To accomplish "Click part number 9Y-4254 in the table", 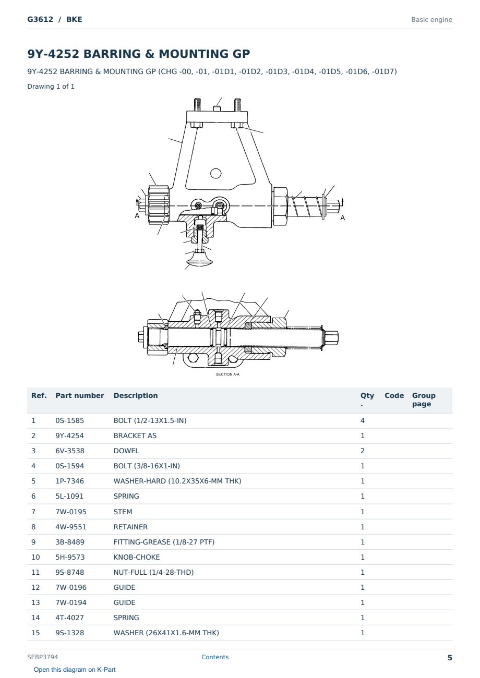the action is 70,435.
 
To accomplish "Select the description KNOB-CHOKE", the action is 137,557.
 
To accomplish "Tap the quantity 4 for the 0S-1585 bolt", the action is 363,420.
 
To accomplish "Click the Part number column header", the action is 80,395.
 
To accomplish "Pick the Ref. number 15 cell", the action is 35,633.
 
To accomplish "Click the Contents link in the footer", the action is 215,657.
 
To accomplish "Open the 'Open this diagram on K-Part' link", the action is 75,670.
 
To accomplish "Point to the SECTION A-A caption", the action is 227,374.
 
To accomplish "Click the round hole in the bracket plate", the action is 215,174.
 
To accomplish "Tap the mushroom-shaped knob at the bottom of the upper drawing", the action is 199,260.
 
